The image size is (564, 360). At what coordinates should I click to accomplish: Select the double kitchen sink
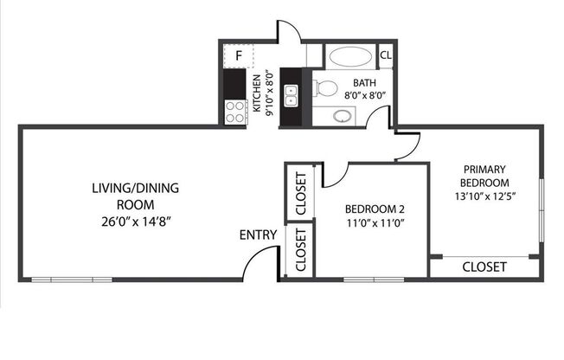pyautogui.click(x=291, y=96)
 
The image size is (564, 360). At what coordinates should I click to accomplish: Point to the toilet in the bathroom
pyautogui.click(x=324, y=87)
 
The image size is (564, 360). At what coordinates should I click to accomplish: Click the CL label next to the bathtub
pyautogui.click(x=386, y=56)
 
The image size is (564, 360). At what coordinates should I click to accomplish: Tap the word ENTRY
pyautogui.click(x=258, y=235)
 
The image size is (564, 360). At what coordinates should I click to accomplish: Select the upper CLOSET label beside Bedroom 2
pyautogui.click(x=300, y=192)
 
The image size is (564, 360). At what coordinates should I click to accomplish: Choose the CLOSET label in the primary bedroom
pyautogui.click(x=484, y=267)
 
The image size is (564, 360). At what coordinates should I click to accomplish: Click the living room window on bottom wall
pyautogui.click(x=72, y=279)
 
